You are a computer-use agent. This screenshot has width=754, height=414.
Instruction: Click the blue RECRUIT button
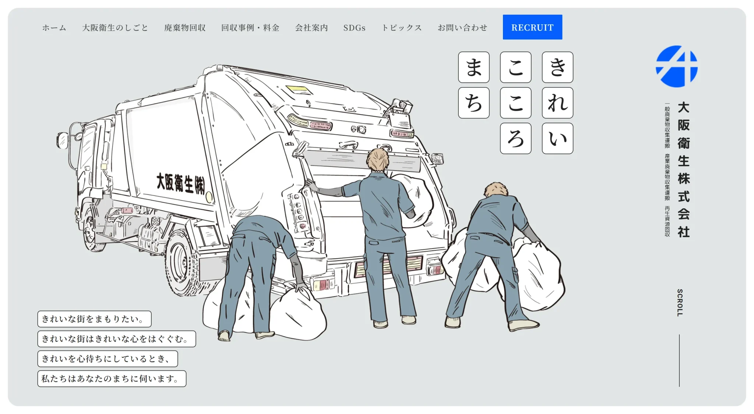click(532, 27)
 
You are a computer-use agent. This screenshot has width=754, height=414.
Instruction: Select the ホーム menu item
click(54, 28)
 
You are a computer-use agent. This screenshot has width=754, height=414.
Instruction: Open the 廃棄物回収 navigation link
click(185, 28)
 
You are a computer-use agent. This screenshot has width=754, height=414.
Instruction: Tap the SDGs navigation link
click(354, 28)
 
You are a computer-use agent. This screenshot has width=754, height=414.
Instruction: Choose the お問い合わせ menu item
click(462, 28)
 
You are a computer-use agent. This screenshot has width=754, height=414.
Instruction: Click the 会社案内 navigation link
click(311, 28)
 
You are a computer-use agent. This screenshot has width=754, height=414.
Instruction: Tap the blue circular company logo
click(677, 67)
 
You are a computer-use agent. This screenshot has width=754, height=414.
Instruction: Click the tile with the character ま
click(474, 67)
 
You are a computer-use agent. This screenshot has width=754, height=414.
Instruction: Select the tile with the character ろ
click(515, 138)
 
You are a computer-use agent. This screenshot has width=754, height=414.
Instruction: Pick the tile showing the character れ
click(557, 103)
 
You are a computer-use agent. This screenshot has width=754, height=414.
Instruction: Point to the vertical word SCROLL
click(680, 302)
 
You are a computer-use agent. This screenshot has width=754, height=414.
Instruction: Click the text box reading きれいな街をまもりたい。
click(94, 319)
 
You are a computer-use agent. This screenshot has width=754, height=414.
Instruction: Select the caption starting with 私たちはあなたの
click(112, 379)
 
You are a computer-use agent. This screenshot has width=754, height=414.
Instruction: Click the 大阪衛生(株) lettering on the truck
click(180, 183)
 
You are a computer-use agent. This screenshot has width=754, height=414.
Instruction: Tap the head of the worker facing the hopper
click(378, 160)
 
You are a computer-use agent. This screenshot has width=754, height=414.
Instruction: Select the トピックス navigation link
click(402, 28)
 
